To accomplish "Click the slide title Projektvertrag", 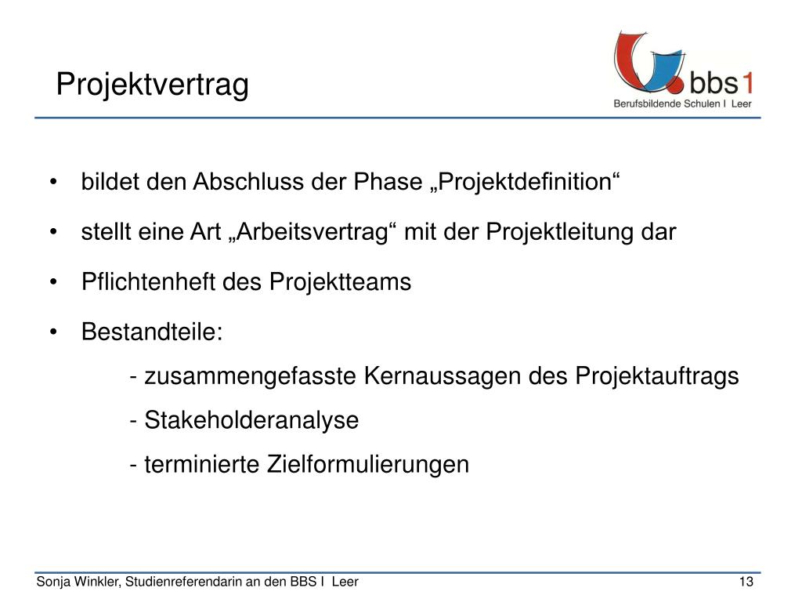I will (x=152, y=84).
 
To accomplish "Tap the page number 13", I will (x=745, y=582).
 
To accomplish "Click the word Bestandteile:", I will (x=152, y=332).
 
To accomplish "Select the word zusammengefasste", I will (x=251, y=376).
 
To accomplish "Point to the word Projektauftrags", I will (x=657, y=376).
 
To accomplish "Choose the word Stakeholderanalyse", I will (x=251, y=420).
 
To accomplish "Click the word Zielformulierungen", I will (x=368, y=464).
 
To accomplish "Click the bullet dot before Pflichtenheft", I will (x=52, y=282).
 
